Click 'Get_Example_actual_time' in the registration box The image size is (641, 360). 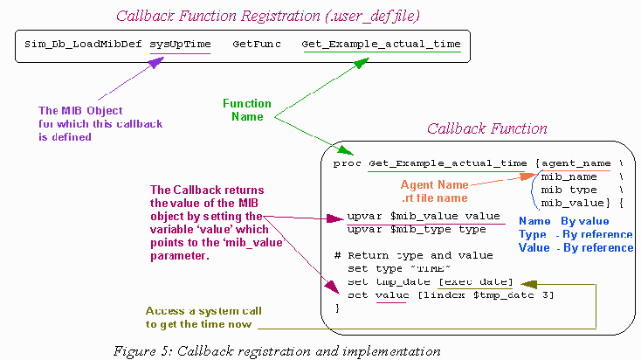pyautogui.click(x=382, y=44)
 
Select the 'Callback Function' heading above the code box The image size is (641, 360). pyautogui.click(x=486, y=128)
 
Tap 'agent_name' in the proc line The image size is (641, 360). pyautogui.click(x=576, y=163)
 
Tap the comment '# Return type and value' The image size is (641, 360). pyautogui.click(x=406, y=255)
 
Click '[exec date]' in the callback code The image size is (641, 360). pyautogui.click(x=476, y=281)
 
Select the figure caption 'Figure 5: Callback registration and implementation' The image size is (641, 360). pyautogui.click(x=277, y=350)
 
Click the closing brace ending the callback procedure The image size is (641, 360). pyautogui.click(x=337, y=308)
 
